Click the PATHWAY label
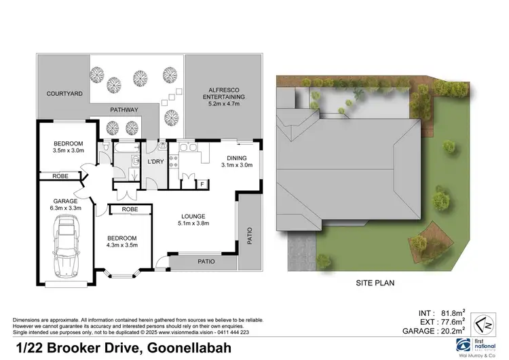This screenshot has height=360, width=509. tap(124, 110)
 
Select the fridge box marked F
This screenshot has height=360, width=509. tap(202, 183)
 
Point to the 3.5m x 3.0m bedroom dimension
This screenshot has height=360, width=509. tap(69, 151)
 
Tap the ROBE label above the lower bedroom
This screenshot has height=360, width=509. tap(130, 210)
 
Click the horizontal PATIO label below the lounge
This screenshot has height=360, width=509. tap(206, 261)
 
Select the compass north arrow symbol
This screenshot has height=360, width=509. tap(479, 321)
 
